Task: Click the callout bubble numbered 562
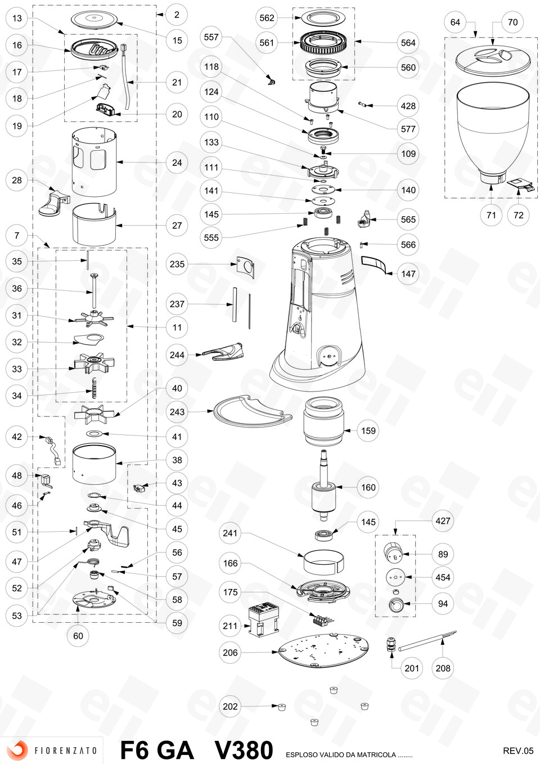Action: pos(267,18)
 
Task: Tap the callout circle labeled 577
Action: pos(408,129)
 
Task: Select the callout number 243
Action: pos(177,412)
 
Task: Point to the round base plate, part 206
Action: pos(324,651)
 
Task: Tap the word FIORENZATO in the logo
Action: pos(65,750)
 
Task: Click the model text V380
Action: pos(244,750)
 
